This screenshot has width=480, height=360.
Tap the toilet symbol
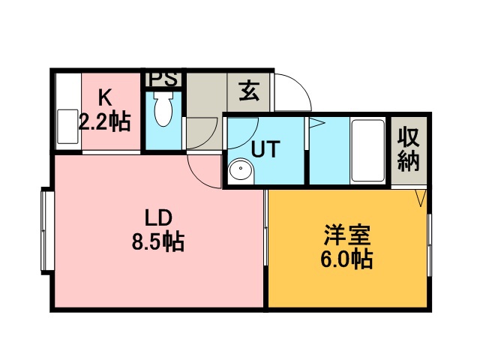coord(163,109)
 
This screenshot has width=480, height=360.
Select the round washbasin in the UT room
coord(241,169)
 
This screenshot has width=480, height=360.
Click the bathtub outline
coord(367,151)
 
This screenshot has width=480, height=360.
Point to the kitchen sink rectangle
coord(67,127)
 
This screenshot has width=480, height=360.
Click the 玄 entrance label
coord(249,91)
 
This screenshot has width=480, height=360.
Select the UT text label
coord(265,148)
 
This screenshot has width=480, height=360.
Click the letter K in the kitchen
coord(104,98)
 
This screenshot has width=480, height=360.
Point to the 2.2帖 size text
coord(105,121)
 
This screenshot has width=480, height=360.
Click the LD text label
coord(158,217)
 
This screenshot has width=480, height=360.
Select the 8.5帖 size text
coord(158,241)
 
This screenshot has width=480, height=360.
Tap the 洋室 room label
coord(347,235)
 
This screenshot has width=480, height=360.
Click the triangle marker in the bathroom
coord(316,123)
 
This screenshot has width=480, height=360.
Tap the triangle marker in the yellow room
coord(421,198)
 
